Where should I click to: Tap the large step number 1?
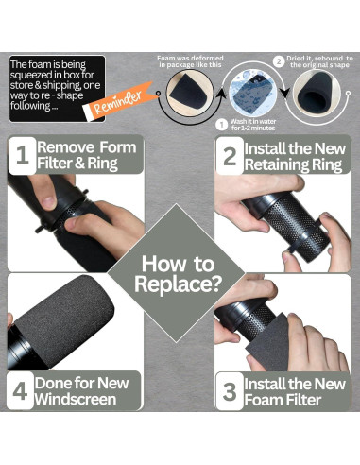point(22,155)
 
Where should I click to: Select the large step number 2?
point(230,156)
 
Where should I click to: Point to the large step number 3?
point(230,391)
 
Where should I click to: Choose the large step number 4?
point(20,391)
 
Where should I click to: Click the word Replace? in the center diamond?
point(178,284)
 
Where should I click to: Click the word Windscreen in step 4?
point(76,399)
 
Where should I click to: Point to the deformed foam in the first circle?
point(190,94)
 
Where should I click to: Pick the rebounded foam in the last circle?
point(317,94)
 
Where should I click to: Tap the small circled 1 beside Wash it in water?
point(222,125)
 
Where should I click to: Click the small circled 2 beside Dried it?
point(279,61)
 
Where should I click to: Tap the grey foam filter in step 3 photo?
point(268,343)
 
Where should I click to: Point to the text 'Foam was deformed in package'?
point(191,61)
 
